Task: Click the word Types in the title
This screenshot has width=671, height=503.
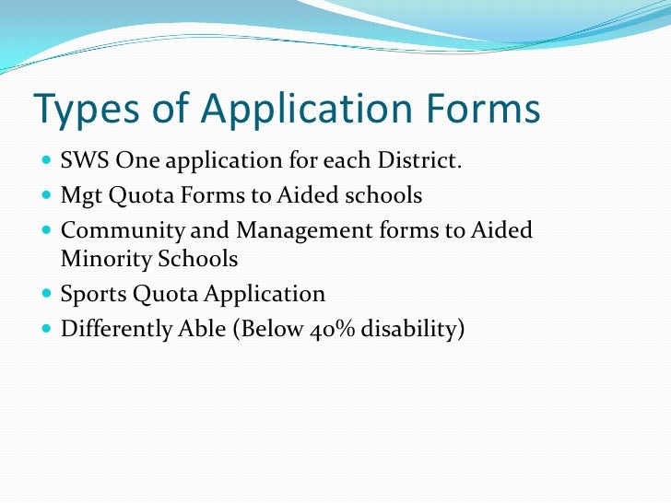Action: (x=87, y=109)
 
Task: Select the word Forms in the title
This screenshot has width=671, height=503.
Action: (x=483, y=108)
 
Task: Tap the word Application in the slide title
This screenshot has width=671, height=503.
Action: (x=307, y=109)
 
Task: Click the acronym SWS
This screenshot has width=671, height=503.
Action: (x=85, y=160)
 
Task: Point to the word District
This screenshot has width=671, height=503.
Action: (x=419, y=160)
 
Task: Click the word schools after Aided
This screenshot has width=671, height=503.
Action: (x=383, y=195)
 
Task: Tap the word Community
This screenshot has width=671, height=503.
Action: (x=123, y=231)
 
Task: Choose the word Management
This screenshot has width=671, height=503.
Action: (x=304, y=231)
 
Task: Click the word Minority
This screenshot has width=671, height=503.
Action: (x=106, y=259)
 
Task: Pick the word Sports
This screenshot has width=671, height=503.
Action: (x=94, y=295)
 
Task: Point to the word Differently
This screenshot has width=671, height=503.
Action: (x=116, y=330)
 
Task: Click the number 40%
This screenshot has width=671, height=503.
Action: (x=332, y=330)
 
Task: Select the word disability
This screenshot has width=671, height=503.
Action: (x=408, y=330)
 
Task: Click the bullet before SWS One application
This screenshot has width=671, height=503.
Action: (x=47, y=160)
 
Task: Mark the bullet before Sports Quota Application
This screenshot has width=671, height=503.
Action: (x=47, y=293)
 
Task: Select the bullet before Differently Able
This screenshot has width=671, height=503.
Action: (x=47, y=329)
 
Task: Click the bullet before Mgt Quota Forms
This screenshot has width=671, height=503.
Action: (x=47, y=195)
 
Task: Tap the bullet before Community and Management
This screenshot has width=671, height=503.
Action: (x=47, y=230)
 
